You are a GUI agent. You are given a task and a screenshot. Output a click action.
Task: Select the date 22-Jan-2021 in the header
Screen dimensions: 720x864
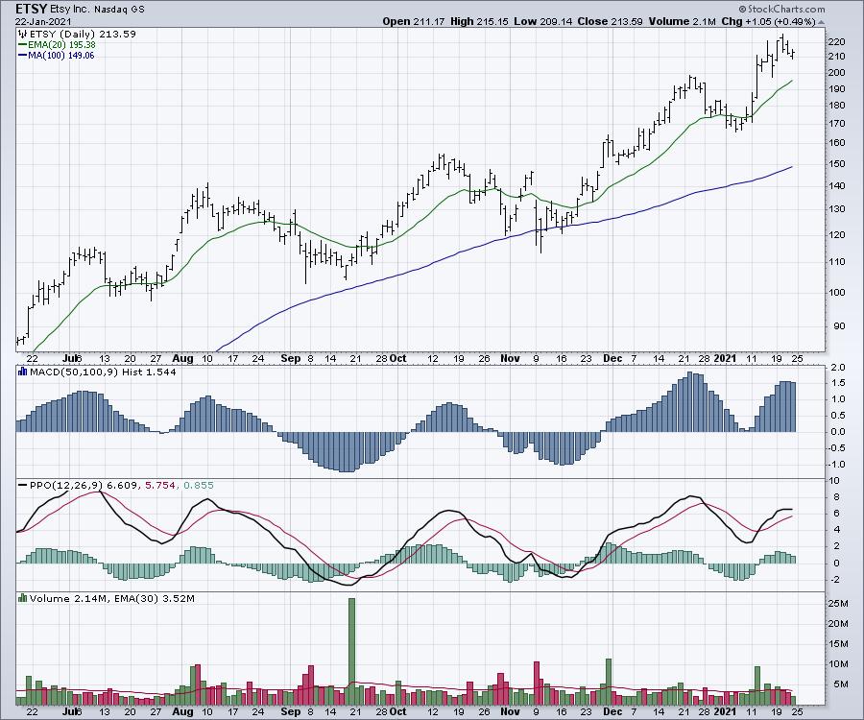(x=37, y=21)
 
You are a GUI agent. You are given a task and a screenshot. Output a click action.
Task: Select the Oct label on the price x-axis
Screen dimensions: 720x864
(x=397, y=358)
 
